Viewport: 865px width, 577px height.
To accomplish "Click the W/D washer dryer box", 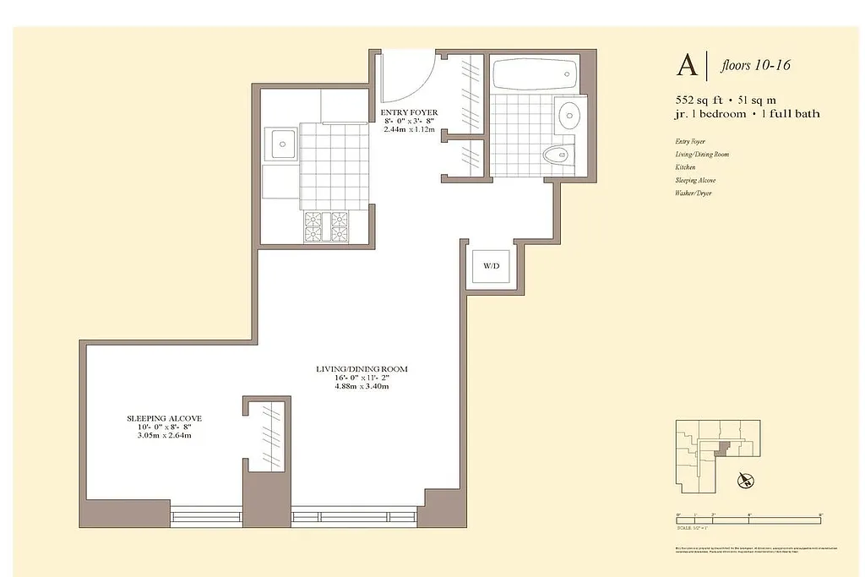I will pos(491,267).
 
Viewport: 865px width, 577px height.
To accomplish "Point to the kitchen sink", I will pos(280,144).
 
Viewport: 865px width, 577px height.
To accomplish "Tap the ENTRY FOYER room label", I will pos(409,112).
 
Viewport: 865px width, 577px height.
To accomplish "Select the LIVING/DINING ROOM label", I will pos(362,369).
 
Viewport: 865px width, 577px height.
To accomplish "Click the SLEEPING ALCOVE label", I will pos(164,418).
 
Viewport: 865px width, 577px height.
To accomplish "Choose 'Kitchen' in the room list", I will pos(685,167).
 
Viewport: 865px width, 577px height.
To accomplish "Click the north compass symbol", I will pos(744,482).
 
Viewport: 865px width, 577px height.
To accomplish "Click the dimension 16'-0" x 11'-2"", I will pos(362,378).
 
